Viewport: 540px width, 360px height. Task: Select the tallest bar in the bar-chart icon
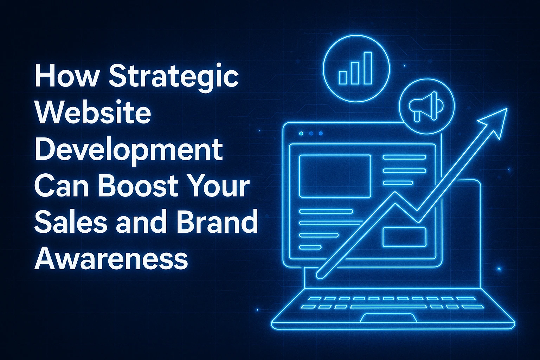[368, 69]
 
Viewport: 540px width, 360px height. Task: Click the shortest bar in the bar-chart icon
[342, 77]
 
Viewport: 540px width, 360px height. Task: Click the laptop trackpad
[388, 317]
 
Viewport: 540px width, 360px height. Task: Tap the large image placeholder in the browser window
[335, 176]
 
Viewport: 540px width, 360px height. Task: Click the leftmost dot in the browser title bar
[301, 133]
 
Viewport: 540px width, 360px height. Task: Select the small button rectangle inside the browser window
[405, 237]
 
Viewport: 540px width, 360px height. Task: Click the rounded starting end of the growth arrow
[320, 275]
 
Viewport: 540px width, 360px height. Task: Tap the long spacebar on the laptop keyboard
[389, 307]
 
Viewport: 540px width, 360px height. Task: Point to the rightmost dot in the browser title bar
[321, 133]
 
